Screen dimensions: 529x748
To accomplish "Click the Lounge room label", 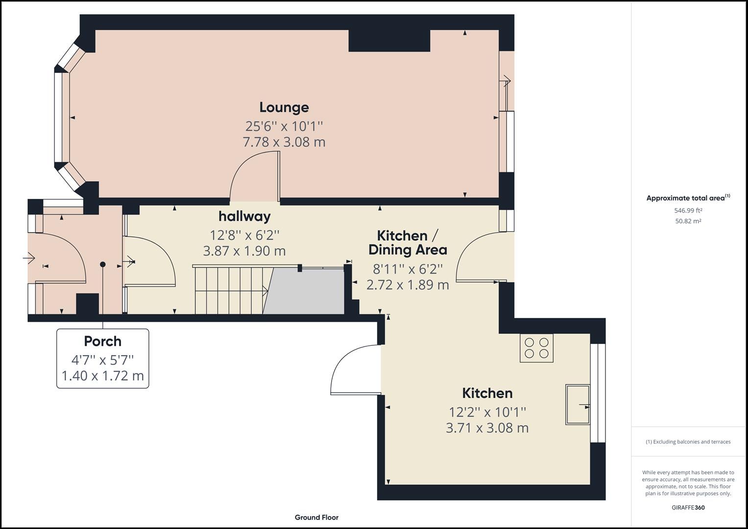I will click(x=284, y=107).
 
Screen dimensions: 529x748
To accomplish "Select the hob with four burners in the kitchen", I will click(x=536, y=348).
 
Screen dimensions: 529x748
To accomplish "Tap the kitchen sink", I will click(x=578, y=404).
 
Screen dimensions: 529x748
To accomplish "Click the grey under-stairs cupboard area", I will click(x=306, y=291).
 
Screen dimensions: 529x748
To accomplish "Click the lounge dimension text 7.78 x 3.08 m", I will click(x=284, y=142).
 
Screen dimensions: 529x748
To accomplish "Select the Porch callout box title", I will click(x=102, y=341).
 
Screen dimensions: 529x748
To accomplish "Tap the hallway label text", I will click(x=244, y=216).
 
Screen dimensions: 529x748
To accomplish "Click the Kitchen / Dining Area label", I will click(x=408, y=242).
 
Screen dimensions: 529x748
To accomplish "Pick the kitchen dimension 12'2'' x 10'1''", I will click(x=487, y=412).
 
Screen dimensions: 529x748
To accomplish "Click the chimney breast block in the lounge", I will click(x=389, y=41).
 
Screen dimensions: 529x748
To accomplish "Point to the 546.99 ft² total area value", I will click(x=688, y=211).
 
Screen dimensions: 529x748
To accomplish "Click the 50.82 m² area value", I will click(x=688, y=221).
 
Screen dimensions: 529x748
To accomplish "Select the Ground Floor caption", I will click(x=316, y=517).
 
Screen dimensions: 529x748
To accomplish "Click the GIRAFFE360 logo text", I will click(x=688, y=507).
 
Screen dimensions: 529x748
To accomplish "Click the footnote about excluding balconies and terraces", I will click(x=688, y=442).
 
